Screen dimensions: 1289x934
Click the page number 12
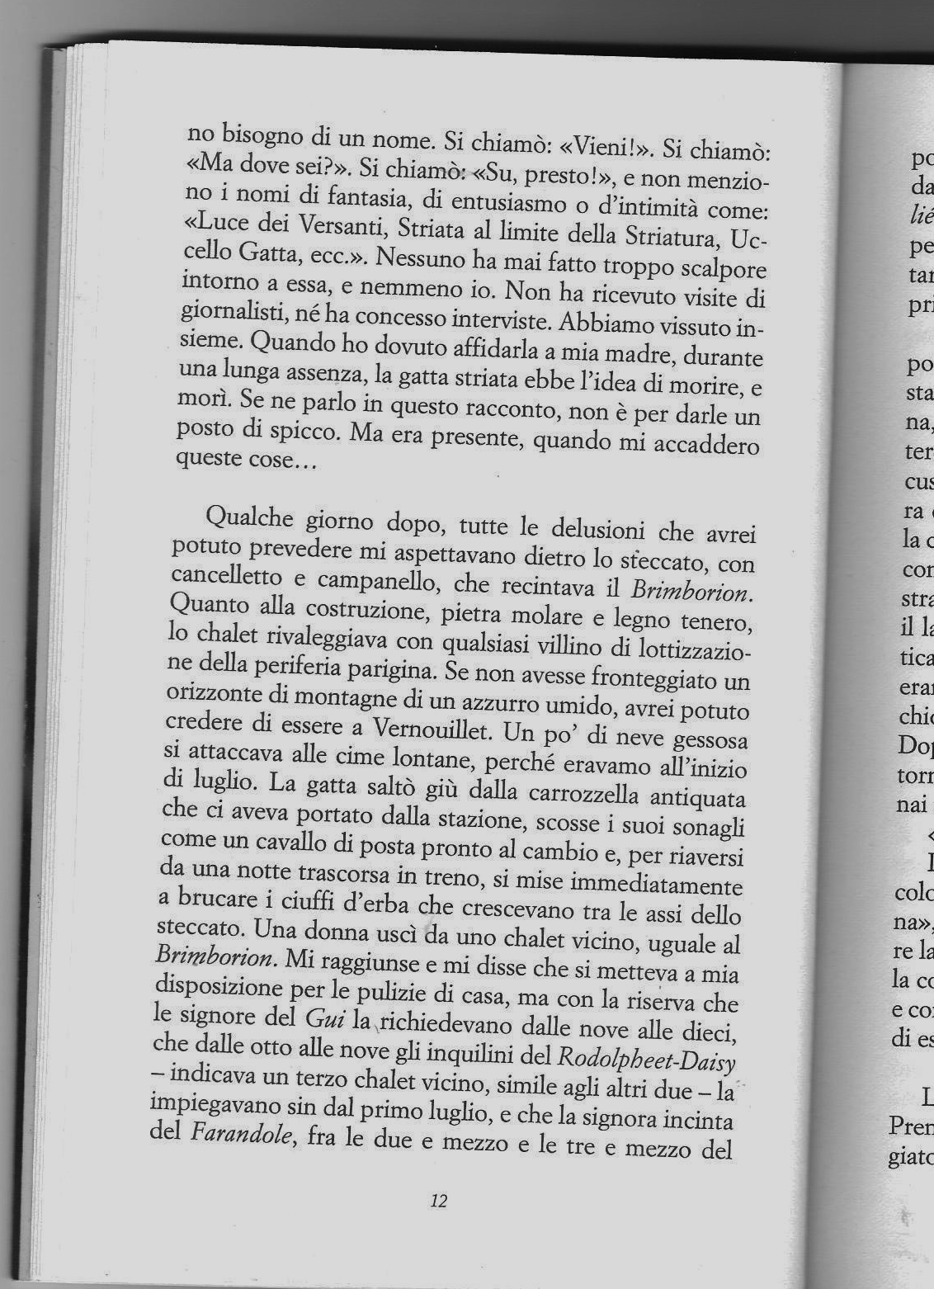(x=438, y=1201)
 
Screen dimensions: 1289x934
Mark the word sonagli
(x=708, y=829)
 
